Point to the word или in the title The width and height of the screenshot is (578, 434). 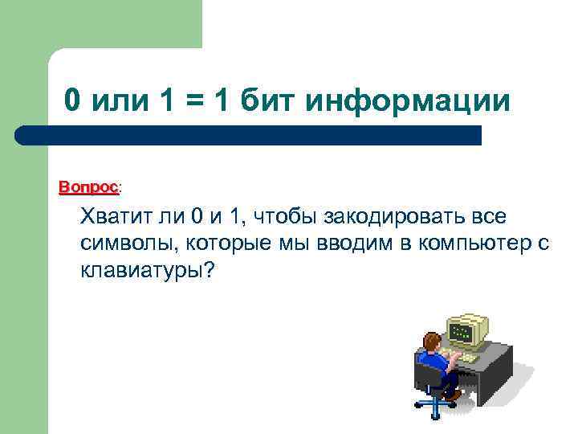116,101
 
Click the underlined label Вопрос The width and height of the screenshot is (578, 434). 88,186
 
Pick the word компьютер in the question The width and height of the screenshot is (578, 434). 469,244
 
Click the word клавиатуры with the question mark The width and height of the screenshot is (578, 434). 147,271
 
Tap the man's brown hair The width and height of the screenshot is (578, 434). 432,341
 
